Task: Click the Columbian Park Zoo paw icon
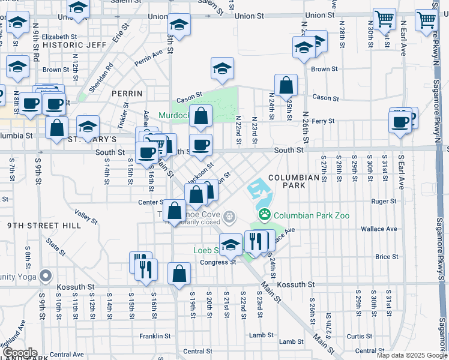(264, 214)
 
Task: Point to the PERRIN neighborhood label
(127, 94)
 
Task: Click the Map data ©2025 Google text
(411, 355)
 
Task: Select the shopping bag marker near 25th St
(286, 85)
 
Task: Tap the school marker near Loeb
(231, 244)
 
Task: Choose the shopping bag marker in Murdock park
(201, 116)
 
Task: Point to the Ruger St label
(384, 202)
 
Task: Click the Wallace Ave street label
(379, 229)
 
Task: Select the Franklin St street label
(153, 335)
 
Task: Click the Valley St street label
(86, 213)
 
